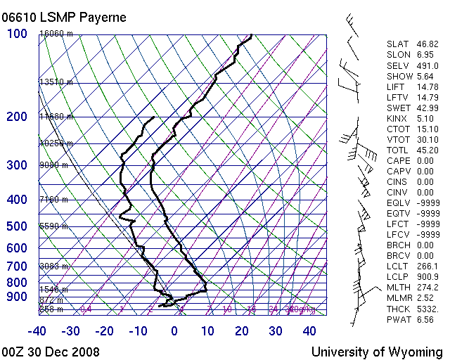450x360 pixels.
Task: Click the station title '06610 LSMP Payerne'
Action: pos(65,17)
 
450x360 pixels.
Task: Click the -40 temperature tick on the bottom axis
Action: pos(38,331)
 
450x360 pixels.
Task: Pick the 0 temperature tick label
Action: pos(174,331)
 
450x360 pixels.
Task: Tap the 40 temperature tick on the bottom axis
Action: pos(309,331)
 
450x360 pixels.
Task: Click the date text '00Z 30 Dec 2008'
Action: pos(51,352)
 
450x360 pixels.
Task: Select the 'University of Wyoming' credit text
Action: pos(377,352)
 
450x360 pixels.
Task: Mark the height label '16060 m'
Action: pos(56,34)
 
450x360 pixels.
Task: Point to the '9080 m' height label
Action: pos(53,165)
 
